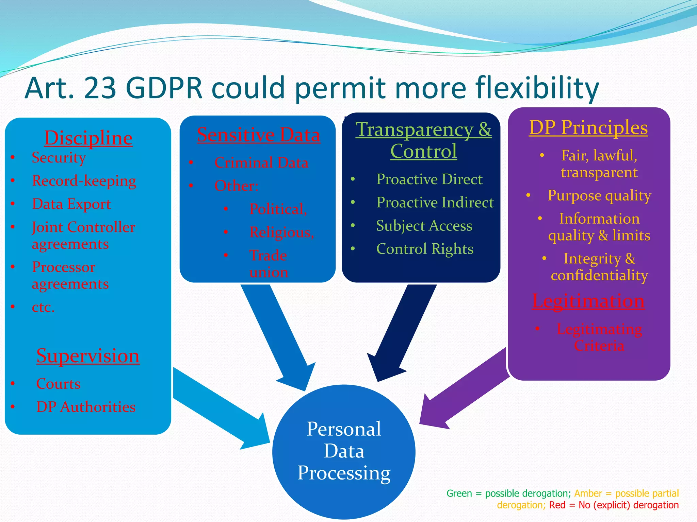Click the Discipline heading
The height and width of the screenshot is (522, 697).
pos(88,138)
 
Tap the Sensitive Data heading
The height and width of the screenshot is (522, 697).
pos(259,135)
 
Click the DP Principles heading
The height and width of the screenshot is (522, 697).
pos(588,127)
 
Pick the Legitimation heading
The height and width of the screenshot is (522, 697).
pos(588,301)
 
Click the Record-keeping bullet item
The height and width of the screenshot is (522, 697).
pos(84,181)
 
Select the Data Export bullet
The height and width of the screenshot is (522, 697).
pos(71,204)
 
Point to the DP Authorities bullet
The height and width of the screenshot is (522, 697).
pos(86,407)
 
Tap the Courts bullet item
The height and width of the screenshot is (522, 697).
pos(58,384)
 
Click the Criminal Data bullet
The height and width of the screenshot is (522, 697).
pos(261,162)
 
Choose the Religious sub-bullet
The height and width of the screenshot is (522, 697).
pos(281,232)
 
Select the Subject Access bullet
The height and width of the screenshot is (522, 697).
pos(424,226)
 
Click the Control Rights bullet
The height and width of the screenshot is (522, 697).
pos(425,249)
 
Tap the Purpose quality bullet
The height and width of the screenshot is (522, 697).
pos(599,196)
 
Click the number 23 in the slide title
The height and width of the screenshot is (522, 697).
pos(99,88)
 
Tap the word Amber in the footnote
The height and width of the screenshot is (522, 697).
pos(588,493)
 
